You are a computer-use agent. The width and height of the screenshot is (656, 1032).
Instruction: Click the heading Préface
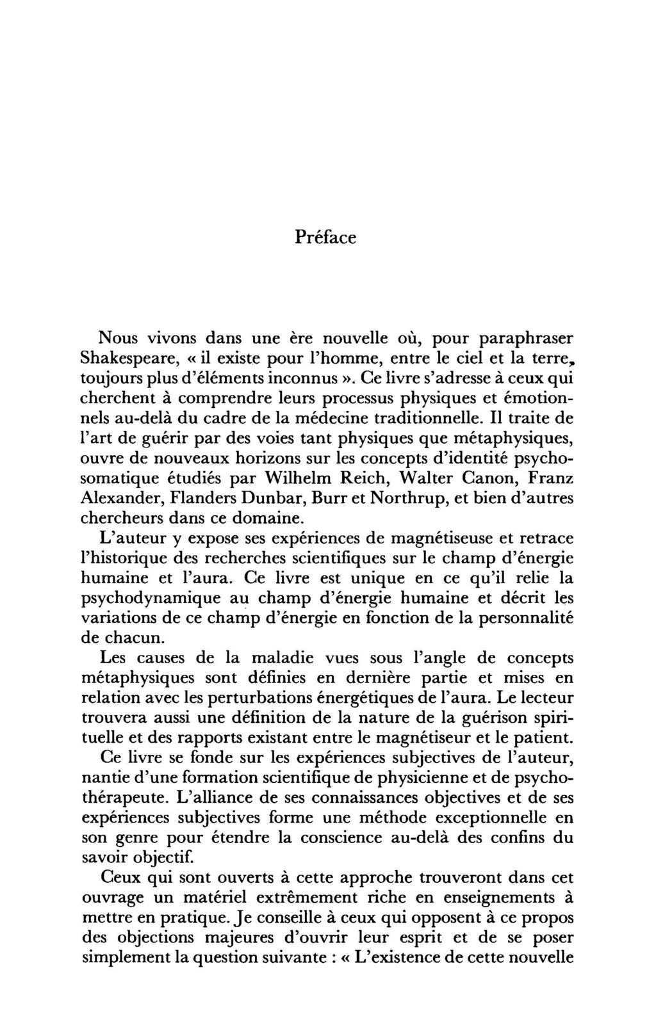click(325, 237)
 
